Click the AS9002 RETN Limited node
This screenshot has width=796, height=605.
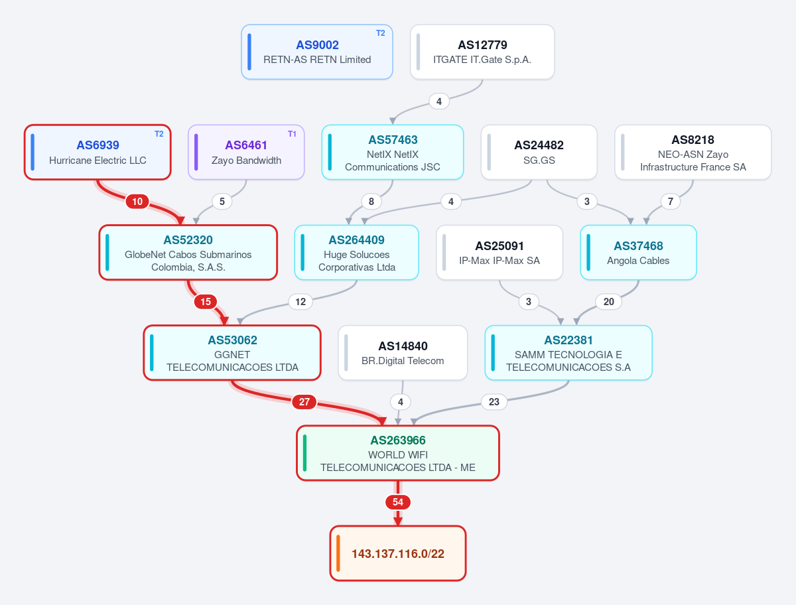(x=317, y=52)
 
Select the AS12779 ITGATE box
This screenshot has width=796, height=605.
(x=482, y=52)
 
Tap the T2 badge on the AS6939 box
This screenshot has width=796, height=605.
(x=159, y=134)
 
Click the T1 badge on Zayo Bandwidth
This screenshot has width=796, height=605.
(x=292, y=134)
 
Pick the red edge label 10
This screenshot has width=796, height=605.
(x=137, y=202)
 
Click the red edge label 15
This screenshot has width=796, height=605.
(x=206, y=302)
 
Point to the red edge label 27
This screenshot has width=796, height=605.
(x=304, y=401)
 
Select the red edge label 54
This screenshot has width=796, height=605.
(x=398, y=502)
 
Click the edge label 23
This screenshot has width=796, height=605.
(x=494, y=401)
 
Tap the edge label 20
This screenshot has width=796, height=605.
(x=608, y=302)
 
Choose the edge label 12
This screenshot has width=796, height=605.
(x=300, y=302)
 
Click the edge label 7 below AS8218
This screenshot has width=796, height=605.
(x=670, y=202)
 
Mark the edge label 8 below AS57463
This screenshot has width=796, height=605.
(x=371, y=202)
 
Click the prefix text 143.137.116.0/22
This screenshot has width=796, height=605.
(x=398, y=553)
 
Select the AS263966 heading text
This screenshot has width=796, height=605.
(x=398, y=440)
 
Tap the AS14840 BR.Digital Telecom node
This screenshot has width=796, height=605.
(x=403, y=353)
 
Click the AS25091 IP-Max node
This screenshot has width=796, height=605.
(x=499, y=252)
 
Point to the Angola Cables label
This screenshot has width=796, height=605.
(x=638, y=261)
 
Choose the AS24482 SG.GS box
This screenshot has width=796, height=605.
(x=539, y=153)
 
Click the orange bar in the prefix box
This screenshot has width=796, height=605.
(x=338, y=553)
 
